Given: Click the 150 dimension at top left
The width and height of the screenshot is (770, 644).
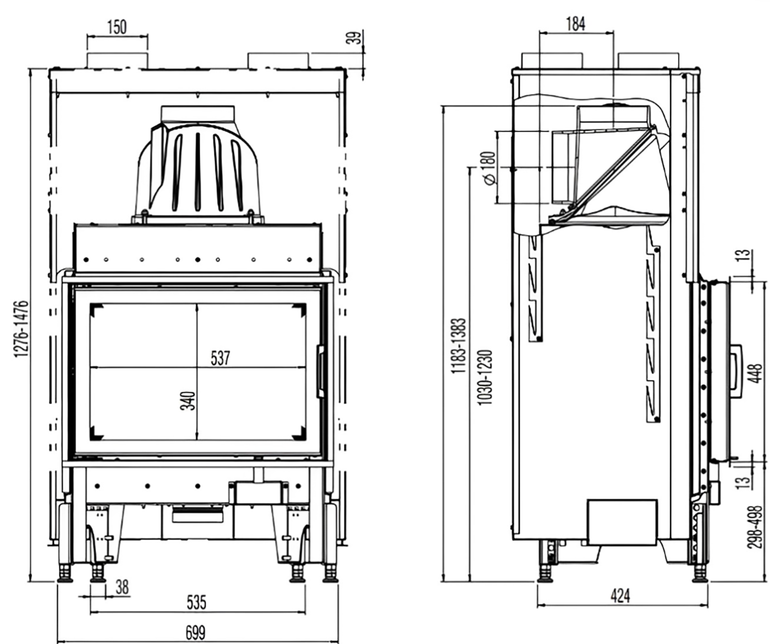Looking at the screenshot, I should click(x=117, y=26).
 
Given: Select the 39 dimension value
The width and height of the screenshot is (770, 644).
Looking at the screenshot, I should click(x=356, y=38).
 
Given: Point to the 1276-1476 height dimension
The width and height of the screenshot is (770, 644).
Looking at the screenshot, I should click(x=21, y=329).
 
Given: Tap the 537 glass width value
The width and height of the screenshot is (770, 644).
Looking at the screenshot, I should click(x=221, y=358).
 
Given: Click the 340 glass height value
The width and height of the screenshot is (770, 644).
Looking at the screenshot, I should click(x=188, y=400).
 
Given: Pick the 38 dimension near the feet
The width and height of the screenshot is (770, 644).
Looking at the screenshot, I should click(x=122, y=587).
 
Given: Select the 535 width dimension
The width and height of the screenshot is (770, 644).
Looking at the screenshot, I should click(x=196, y=602).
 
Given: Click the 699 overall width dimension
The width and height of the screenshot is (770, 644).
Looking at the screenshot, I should click(x=195, y=632).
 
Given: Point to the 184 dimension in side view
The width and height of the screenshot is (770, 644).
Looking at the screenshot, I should click(x=575, y=24).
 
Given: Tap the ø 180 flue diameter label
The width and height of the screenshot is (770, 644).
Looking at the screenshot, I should click(x=488, y=168).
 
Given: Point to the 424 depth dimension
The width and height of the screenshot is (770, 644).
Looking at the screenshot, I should click(x=620, y=596).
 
